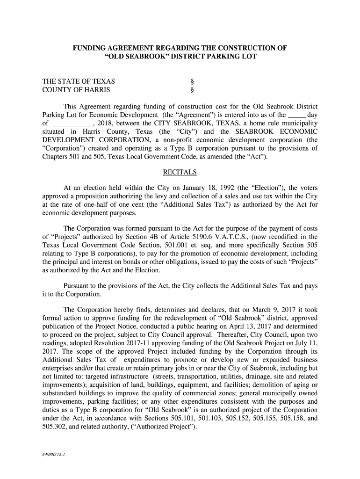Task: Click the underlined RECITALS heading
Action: click(180, 172)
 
